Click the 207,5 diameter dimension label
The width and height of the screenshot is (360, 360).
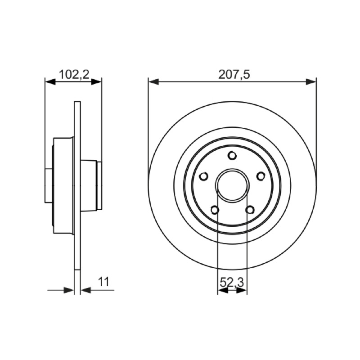234,75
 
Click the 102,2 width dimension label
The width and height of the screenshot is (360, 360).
74,75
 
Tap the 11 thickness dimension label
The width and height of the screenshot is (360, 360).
104,282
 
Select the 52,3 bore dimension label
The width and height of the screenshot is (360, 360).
232,282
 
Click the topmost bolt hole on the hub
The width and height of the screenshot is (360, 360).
232,155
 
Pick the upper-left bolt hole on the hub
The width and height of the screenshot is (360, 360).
204,176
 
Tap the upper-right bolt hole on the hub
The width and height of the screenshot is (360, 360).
261,176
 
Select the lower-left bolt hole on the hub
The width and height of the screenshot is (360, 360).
215,210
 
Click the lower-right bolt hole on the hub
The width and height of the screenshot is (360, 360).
250,210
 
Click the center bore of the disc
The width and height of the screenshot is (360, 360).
232,186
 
